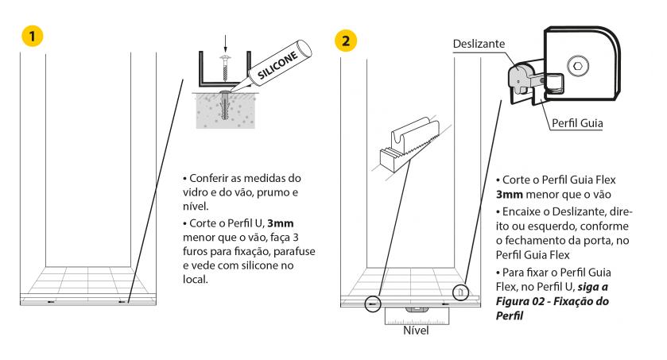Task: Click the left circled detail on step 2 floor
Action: tap(370, 303)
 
